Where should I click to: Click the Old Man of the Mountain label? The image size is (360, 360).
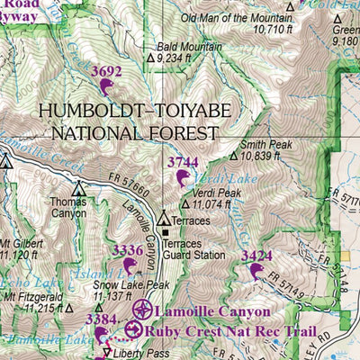coord(231,18)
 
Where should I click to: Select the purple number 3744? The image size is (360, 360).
coord(183,162)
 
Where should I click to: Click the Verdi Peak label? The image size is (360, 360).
coord(216,193)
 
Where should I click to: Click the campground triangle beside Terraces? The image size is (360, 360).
coord(163,218)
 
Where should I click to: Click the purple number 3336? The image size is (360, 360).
coord(126,249)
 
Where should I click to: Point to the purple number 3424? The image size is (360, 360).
coord(256,256)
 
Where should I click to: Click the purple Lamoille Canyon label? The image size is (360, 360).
coord(212,311)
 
